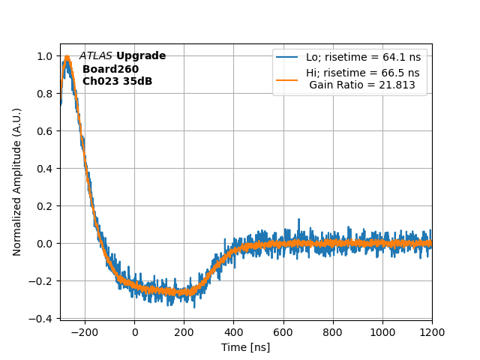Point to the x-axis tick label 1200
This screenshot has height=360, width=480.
432,331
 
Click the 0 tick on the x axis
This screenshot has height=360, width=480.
134,331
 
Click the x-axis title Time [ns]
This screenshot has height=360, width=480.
245,347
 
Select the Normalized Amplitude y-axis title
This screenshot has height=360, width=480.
17,181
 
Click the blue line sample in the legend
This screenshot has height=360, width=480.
287,58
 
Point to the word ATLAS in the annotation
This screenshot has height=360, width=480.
96,56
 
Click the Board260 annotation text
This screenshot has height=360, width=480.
110,69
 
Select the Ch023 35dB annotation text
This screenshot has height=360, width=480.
117,81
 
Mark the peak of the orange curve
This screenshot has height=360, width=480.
67,58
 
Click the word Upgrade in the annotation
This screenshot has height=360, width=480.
141,56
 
